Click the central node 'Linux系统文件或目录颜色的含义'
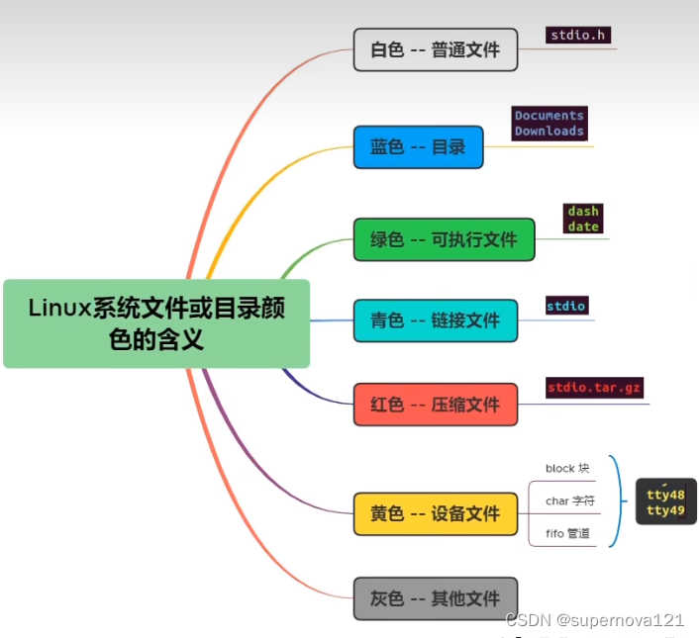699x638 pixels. (x=156, y=323)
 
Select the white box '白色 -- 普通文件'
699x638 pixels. (x=436, y=49)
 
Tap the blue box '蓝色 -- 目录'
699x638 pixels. (x=418, y=147)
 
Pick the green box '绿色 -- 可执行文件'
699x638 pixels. (x=444, y=239)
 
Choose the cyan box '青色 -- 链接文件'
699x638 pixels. (x=436, y=320)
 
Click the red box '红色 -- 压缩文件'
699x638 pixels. (x=436, y=405)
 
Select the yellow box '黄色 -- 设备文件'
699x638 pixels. (x=436, y=514)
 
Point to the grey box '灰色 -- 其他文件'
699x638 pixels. (x=436, y=598)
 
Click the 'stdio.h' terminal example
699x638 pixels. (x=578, y=36)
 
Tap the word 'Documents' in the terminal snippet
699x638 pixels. (x=549, y=116)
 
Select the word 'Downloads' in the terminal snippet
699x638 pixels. (x=549, y=132)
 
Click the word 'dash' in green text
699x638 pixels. (x=583, y=212)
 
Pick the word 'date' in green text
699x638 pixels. (x=583, y=227)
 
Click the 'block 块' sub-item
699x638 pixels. (x=567, y=468)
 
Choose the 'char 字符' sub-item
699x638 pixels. (x=569, y=501)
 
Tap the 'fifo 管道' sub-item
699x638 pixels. (x=567, y=534)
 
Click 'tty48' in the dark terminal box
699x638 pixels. (x=665, y=495)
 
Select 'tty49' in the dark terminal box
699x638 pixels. (x=665, y=510)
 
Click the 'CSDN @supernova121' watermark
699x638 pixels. (x=594, y=620)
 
